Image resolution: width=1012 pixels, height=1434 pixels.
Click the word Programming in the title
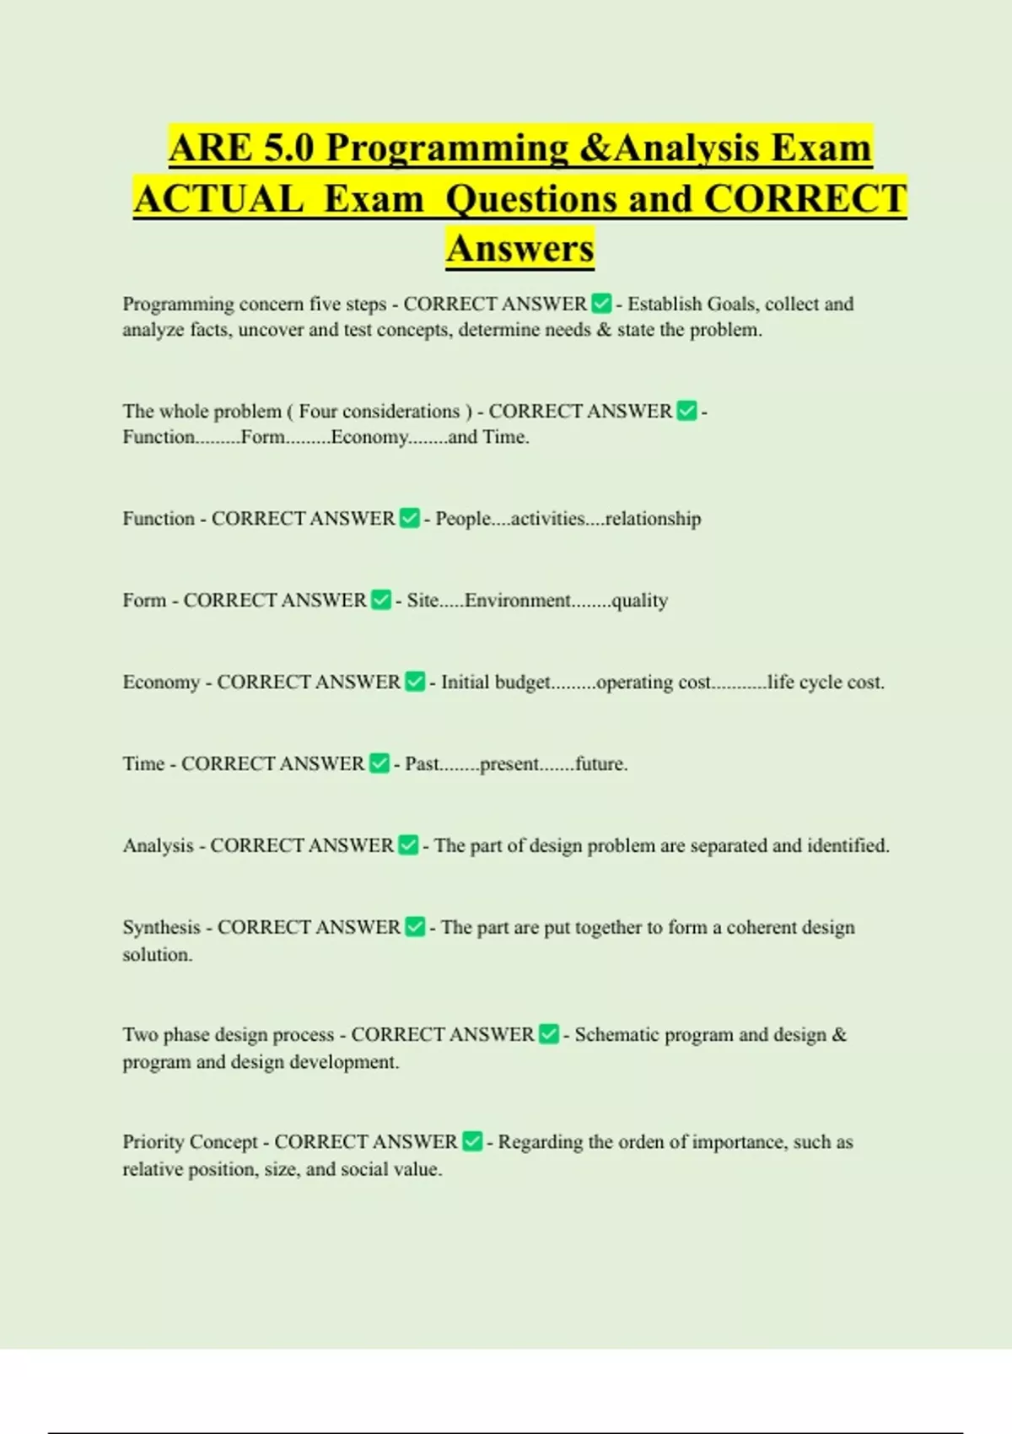click(447, 148)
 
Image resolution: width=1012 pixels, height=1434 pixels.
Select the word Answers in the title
click(520, 249)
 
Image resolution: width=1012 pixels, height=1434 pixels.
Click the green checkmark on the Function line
click(410, 518)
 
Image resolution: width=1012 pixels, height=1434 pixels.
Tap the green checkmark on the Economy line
click(415, 682)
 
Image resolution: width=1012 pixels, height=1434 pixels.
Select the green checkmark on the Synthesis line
click(415, 927)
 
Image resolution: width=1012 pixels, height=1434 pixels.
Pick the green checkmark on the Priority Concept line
click(472, 1141)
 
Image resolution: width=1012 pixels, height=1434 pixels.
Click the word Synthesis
click(161, 928)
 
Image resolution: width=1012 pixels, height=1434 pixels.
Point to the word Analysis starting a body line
click(158, 845)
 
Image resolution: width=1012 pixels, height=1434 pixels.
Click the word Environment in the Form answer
click(518, 601)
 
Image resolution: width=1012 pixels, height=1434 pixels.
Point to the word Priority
click(152, 1142)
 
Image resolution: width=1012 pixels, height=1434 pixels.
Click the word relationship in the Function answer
click(653, 519)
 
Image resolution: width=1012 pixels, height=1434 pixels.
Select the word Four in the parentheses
click(318, 412)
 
